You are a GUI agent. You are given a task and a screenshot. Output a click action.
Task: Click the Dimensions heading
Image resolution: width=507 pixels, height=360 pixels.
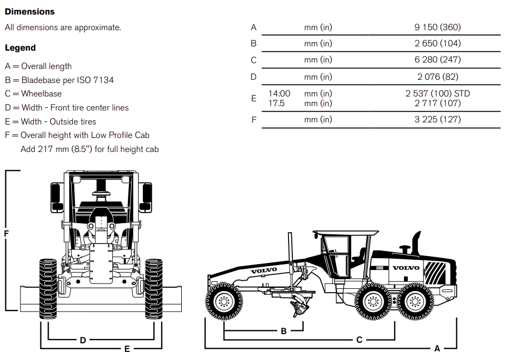click(x=30, y=11)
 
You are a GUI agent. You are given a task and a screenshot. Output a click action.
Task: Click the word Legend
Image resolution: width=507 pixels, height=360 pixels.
click(x=20, y=48)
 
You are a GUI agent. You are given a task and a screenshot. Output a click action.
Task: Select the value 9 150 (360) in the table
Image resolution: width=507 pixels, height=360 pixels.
click(x=437, y=27)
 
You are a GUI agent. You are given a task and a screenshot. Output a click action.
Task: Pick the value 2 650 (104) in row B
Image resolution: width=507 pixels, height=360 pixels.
click(x=437, y=43)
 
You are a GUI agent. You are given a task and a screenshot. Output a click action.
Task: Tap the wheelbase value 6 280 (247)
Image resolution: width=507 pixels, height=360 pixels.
click(x=437, y=60)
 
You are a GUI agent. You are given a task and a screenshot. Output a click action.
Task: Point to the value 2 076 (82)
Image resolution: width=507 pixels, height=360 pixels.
click(x=437, y=77)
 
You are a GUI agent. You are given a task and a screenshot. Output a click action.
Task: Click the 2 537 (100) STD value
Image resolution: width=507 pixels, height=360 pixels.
click(x=437, y=94)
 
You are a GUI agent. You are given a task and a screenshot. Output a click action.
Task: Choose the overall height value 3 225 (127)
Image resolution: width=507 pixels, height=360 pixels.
click(x=437, y=119)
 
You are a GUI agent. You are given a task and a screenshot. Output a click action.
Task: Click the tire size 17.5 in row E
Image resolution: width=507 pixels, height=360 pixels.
click(x=276, y=103)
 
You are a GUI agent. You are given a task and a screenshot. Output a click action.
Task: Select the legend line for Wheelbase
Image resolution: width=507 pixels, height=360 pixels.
click(x=33, y=94)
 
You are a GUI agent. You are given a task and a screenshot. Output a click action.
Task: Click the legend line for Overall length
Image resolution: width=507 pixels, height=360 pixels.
click(x=38, y=66)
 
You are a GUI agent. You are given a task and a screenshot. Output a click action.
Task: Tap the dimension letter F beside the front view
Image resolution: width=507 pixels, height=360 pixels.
click(x=6, y=233)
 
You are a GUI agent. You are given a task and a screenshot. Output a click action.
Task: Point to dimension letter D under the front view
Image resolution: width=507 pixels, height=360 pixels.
click(x=83, y=340)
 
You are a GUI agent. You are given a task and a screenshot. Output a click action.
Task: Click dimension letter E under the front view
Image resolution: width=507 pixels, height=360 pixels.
click(x=127, y=349)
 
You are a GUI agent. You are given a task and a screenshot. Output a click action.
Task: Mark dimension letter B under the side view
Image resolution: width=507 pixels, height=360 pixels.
click(x=284, y=331)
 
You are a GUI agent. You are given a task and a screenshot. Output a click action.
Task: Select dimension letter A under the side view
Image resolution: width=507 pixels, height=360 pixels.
click(x=437, y=349)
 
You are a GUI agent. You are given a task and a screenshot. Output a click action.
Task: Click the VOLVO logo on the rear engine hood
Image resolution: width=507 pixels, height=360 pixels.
click(x=406, y=268)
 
